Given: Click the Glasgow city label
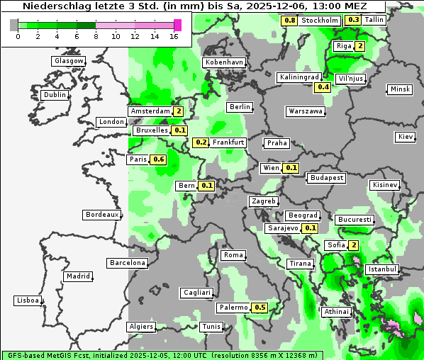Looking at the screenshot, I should click(68, 61).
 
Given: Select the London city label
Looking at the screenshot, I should click(111, 122).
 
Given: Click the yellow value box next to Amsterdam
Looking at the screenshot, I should click(179, 111).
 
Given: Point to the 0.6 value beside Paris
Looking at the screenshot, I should click(159, 159).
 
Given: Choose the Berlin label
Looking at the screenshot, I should click(240, 107).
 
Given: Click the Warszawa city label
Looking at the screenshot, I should click(306, 111).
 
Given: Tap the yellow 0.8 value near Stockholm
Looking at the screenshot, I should click(289, 20).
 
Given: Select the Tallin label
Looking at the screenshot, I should click(374, 20).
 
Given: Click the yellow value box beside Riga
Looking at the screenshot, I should click(360, 47).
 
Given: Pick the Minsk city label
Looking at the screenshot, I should click(400, 89).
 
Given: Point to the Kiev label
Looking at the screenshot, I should click(406, 137).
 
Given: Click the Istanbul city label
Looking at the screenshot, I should click(382, 270).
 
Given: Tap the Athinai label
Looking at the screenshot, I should click(336, 312).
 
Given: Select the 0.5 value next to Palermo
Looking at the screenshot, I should click(260, 308).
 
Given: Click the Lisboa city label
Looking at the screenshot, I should click(28, 300).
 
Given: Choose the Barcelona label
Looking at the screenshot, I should click(128, 263).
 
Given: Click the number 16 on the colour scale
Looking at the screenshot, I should click(174, 36).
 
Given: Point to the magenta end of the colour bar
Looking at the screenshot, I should click(177, 25).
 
